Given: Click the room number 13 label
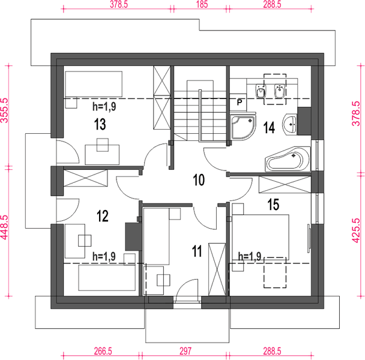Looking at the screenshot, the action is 100,124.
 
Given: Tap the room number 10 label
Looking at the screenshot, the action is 199,180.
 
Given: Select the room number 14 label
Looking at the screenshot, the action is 269,128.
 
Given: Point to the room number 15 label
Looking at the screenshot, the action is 273,205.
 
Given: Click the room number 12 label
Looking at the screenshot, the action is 103,216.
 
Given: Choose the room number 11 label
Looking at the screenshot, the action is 197,251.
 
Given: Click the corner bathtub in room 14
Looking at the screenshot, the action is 288,159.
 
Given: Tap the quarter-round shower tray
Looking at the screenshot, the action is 243,127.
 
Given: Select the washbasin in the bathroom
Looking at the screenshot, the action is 289,124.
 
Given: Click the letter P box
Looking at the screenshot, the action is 239,102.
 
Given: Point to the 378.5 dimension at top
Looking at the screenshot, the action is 119,4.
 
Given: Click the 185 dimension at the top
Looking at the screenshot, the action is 202,4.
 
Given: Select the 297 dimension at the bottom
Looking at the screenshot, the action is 186,351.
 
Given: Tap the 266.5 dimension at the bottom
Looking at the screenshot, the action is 103,351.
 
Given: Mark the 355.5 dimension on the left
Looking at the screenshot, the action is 4,110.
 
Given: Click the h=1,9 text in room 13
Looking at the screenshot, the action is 104,107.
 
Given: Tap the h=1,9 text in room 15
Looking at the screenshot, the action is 250,256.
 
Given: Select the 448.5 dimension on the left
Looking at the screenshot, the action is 4,227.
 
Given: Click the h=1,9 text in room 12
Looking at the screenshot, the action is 104,256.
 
